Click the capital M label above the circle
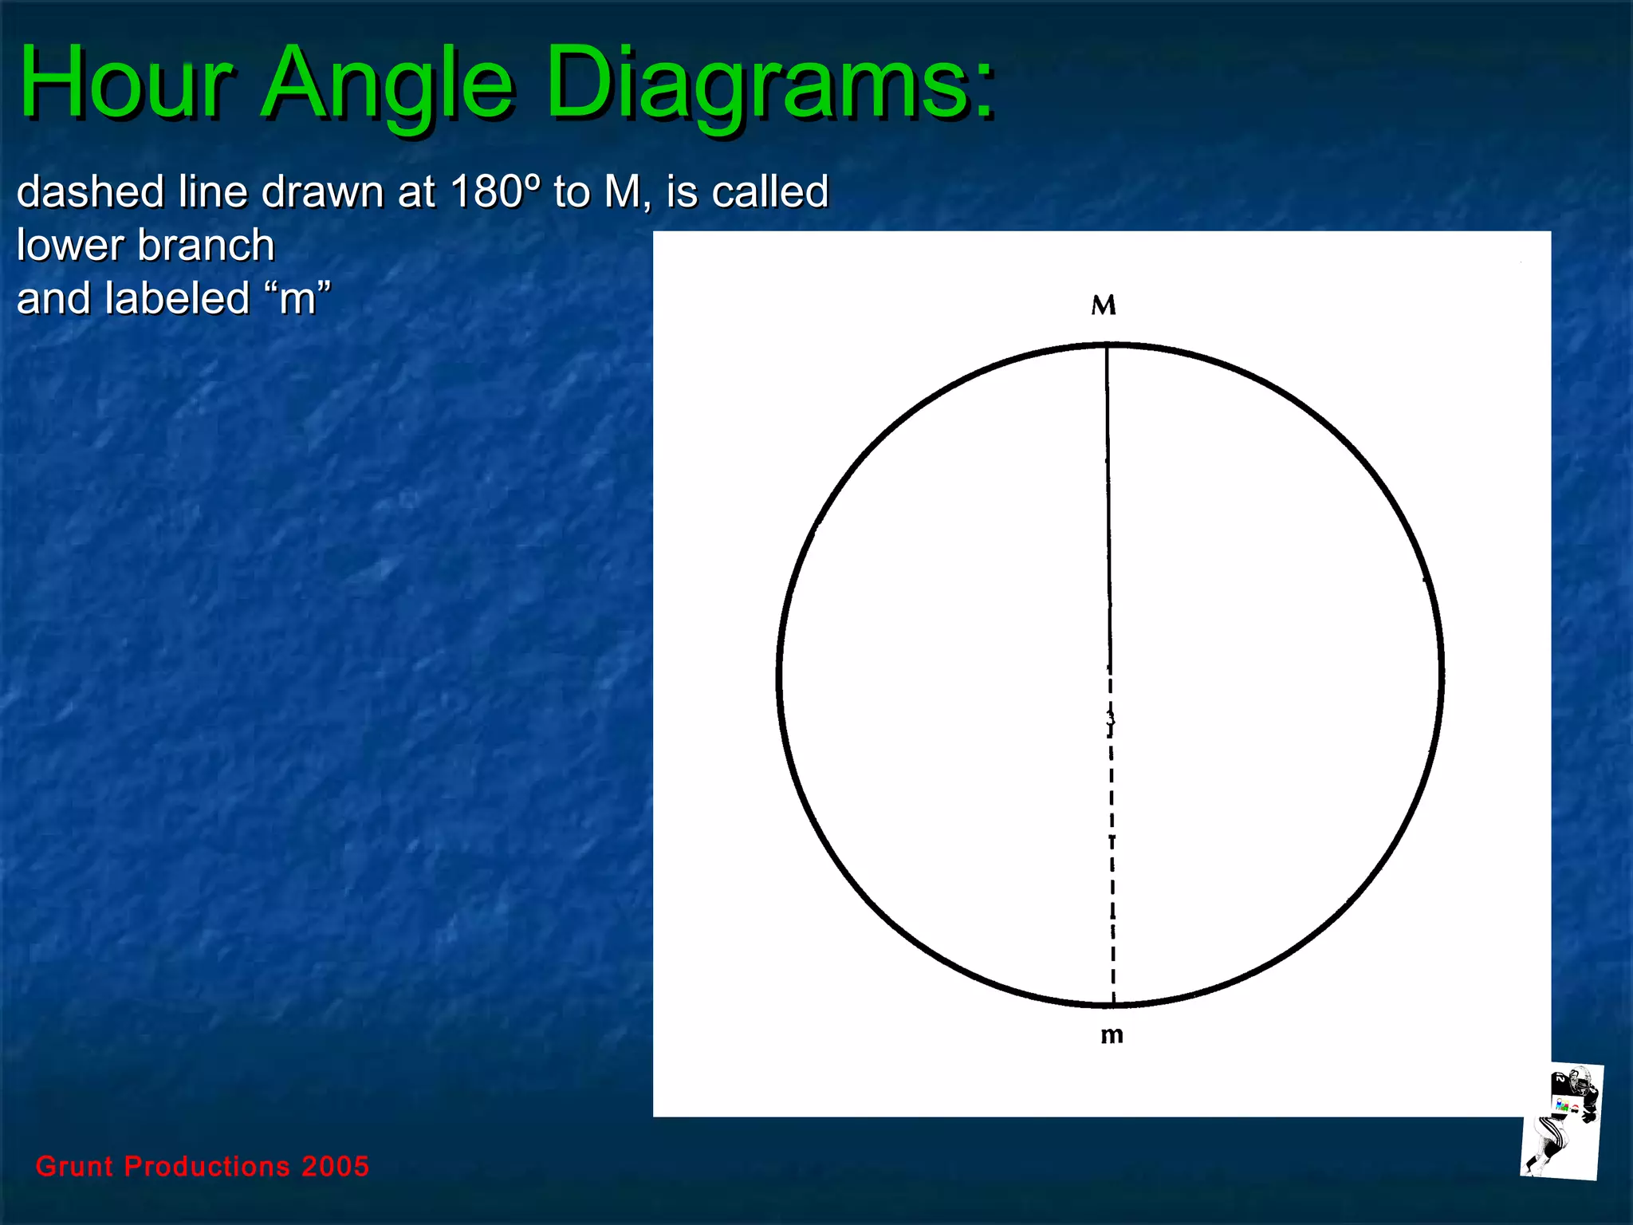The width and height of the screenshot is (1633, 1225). point(1104,305)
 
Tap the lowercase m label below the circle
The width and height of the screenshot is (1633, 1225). point(1112,1035)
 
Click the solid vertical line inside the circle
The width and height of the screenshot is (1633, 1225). point(1108,502)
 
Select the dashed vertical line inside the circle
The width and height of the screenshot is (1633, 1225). point(1112,837)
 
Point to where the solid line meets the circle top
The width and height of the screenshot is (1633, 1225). point(1107,346)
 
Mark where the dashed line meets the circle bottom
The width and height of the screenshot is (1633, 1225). point(1114,1003)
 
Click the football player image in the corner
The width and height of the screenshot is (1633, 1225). point(1561,1121)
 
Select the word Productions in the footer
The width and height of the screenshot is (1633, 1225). point(207,1166)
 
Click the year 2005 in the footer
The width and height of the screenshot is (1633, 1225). point(336,1166)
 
